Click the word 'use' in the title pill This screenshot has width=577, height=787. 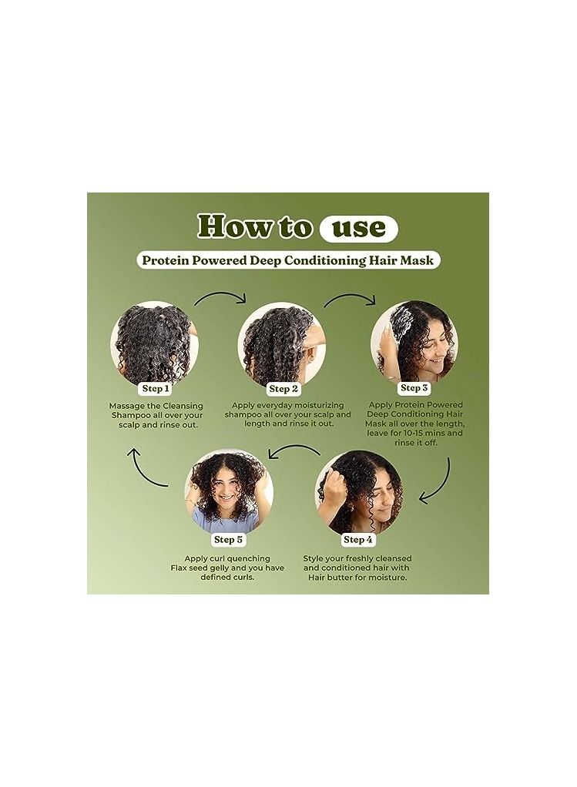pyautogui.click(x=359, y=229)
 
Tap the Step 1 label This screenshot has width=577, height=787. pyautogui.click(x=156, y=388)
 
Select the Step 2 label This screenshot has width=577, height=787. pyautogui.click(x=283, y=388)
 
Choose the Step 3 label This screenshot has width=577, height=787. pyautogui.click(x=414, y=387)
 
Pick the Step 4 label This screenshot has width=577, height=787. pyautogui.click(x=358, y=540)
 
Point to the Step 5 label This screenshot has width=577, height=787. pyautogui.click(x=228, y=540)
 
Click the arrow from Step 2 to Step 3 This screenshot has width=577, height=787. pyautogui.click(x=350, y=296)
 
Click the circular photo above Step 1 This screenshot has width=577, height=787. pyautogui.click(x=155, y=344)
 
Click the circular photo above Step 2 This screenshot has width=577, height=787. pyautogui.click(x=282, y=344)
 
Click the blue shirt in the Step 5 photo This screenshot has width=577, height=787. pyautogui.click(x=228, y=521)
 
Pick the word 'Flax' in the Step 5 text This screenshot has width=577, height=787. pyautogui.click(x=179, y=568)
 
